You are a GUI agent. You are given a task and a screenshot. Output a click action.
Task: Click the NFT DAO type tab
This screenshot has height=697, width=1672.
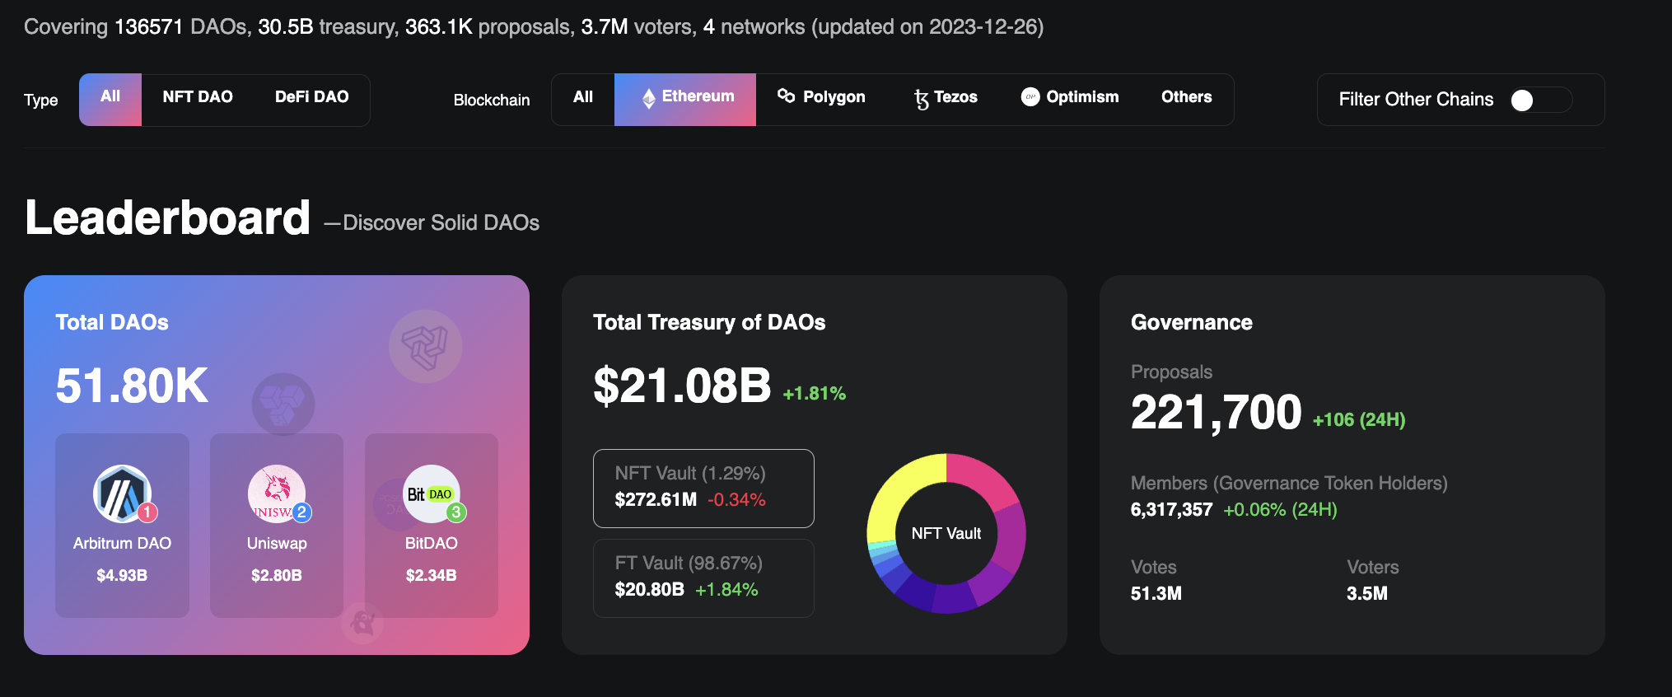(x=198, y=97)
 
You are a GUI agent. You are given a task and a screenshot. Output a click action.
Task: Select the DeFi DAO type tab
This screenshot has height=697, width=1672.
(x=311, y=97)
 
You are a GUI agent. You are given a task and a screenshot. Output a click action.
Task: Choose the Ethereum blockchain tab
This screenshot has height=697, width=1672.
(x=685, y=98)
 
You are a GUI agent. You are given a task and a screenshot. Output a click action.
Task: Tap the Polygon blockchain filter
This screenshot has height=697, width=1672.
(x=821, y=97)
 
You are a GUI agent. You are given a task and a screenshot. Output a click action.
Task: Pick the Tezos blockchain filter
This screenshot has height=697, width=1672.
(x=946, y=97)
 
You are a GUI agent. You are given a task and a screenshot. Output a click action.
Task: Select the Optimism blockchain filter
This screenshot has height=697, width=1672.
(x=1070, y=97)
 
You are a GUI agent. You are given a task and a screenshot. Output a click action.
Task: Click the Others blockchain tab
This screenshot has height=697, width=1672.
(x=1186, y=97)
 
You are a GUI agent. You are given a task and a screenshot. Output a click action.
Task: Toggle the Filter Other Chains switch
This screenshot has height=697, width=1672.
(x=1540, y=100)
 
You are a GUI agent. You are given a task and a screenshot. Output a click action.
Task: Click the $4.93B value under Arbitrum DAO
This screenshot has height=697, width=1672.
(x=122, y=575)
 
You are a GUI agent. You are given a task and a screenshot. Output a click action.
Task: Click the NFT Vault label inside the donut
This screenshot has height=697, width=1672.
(x=946, y=534)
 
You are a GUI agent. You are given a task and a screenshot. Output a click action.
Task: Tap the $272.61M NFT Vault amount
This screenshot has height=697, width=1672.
(x=656, y=499)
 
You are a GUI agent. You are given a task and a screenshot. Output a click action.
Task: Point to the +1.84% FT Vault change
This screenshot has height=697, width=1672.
(x=726, y=590)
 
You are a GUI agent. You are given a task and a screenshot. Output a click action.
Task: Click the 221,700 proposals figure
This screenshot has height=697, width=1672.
(x=1216, y=413)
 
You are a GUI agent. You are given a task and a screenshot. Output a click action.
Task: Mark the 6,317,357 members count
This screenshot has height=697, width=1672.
(x=1171, y=510)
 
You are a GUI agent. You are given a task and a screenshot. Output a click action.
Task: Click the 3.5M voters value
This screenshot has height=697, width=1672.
(x=1366, y=593)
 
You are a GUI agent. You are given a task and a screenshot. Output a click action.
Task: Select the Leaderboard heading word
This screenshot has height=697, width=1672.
(x=168, y=218)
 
